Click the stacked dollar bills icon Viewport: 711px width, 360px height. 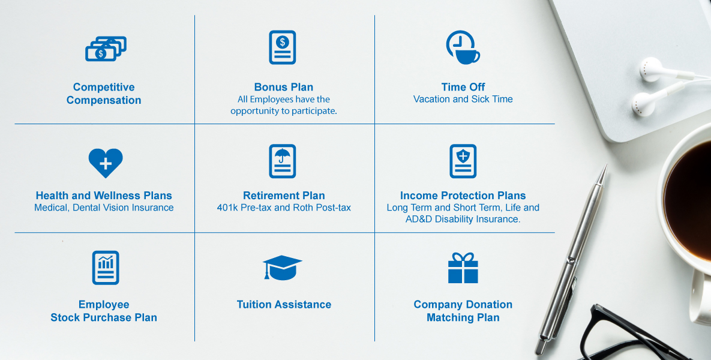point(106,49)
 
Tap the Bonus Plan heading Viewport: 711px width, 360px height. point(283,87)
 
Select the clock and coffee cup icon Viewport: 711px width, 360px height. point(463,47)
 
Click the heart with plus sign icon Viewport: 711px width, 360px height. point(106,163)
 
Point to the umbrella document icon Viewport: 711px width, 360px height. point(283,161)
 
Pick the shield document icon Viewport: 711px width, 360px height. point(463,161)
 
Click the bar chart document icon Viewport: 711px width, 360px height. point(106,268)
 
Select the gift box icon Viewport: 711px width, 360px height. point(463,268)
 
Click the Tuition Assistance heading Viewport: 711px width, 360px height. point(284,304)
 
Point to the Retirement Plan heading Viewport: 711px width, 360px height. point(284,196)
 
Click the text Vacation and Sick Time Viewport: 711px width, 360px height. point(463,99)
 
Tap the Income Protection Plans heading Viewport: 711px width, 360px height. point(463,196)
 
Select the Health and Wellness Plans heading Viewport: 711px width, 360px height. point(104,196)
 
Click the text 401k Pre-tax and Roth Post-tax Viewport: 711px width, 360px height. point(284,208)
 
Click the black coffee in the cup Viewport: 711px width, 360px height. point(689,199)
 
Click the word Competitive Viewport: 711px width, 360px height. point(104,87)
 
